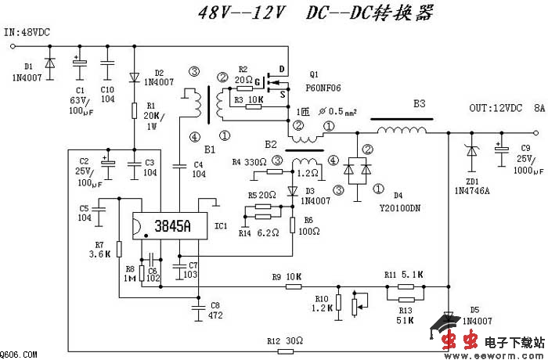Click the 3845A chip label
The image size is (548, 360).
tap(171, 226)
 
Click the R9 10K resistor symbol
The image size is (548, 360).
tap(293, 286)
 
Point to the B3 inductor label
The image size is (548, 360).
tap(420, 103)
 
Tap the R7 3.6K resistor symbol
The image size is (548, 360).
tap(118, 250)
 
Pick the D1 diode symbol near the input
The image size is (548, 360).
tap(50, 62)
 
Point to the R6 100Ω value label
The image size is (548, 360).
tap(308, 232)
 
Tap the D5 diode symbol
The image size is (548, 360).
tap(448, 319)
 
